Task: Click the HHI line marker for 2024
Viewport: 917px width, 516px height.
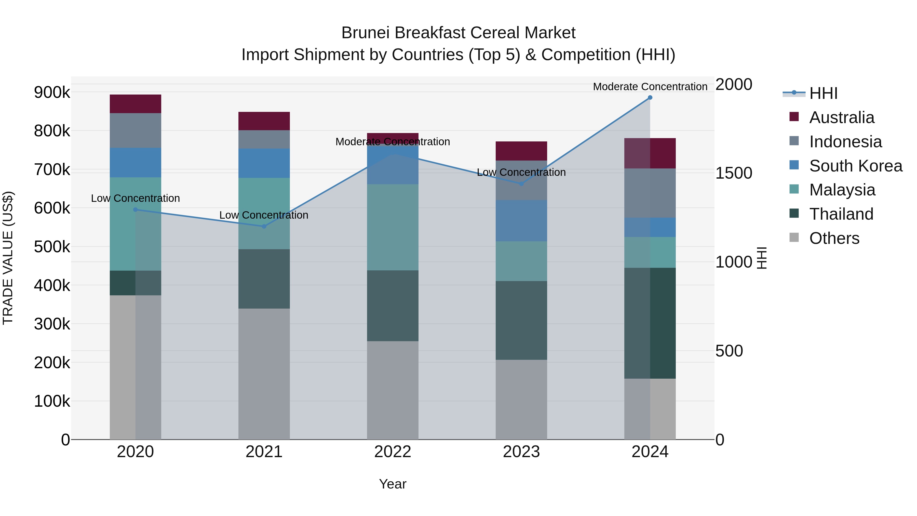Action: [650, 98]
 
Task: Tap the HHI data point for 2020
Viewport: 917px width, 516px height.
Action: [135, 210]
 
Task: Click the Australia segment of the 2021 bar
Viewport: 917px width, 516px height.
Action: [264, 121]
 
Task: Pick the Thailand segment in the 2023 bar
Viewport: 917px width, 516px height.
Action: [521, 321]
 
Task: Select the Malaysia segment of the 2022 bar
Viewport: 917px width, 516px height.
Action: [393, 227]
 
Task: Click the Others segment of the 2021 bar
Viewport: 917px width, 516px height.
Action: [264, 374]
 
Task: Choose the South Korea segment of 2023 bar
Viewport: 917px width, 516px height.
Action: [521, 221]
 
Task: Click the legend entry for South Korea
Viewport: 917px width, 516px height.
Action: [855, 166]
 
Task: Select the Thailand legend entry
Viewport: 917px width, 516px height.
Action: [841, 214]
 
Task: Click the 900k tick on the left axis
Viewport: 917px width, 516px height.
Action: [52, 92]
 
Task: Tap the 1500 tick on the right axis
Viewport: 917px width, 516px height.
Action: [733, 174]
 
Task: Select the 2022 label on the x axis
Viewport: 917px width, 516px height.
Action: [393, 452]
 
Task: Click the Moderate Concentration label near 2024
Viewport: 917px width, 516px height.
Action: [650, 87]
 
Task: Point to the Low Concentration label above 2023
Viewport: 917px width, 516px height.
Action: [521, 172]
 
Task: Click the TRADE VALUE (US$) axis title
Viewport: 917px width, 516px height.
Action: [8, 258]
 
